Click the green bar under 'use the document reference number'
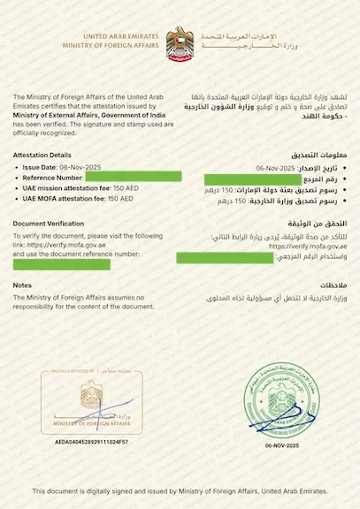coord(62,264)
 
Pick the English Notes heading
coord(23,285)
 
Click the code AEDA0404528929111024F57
coord(91,440)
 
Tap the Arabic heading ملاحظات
coord(331,285)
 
